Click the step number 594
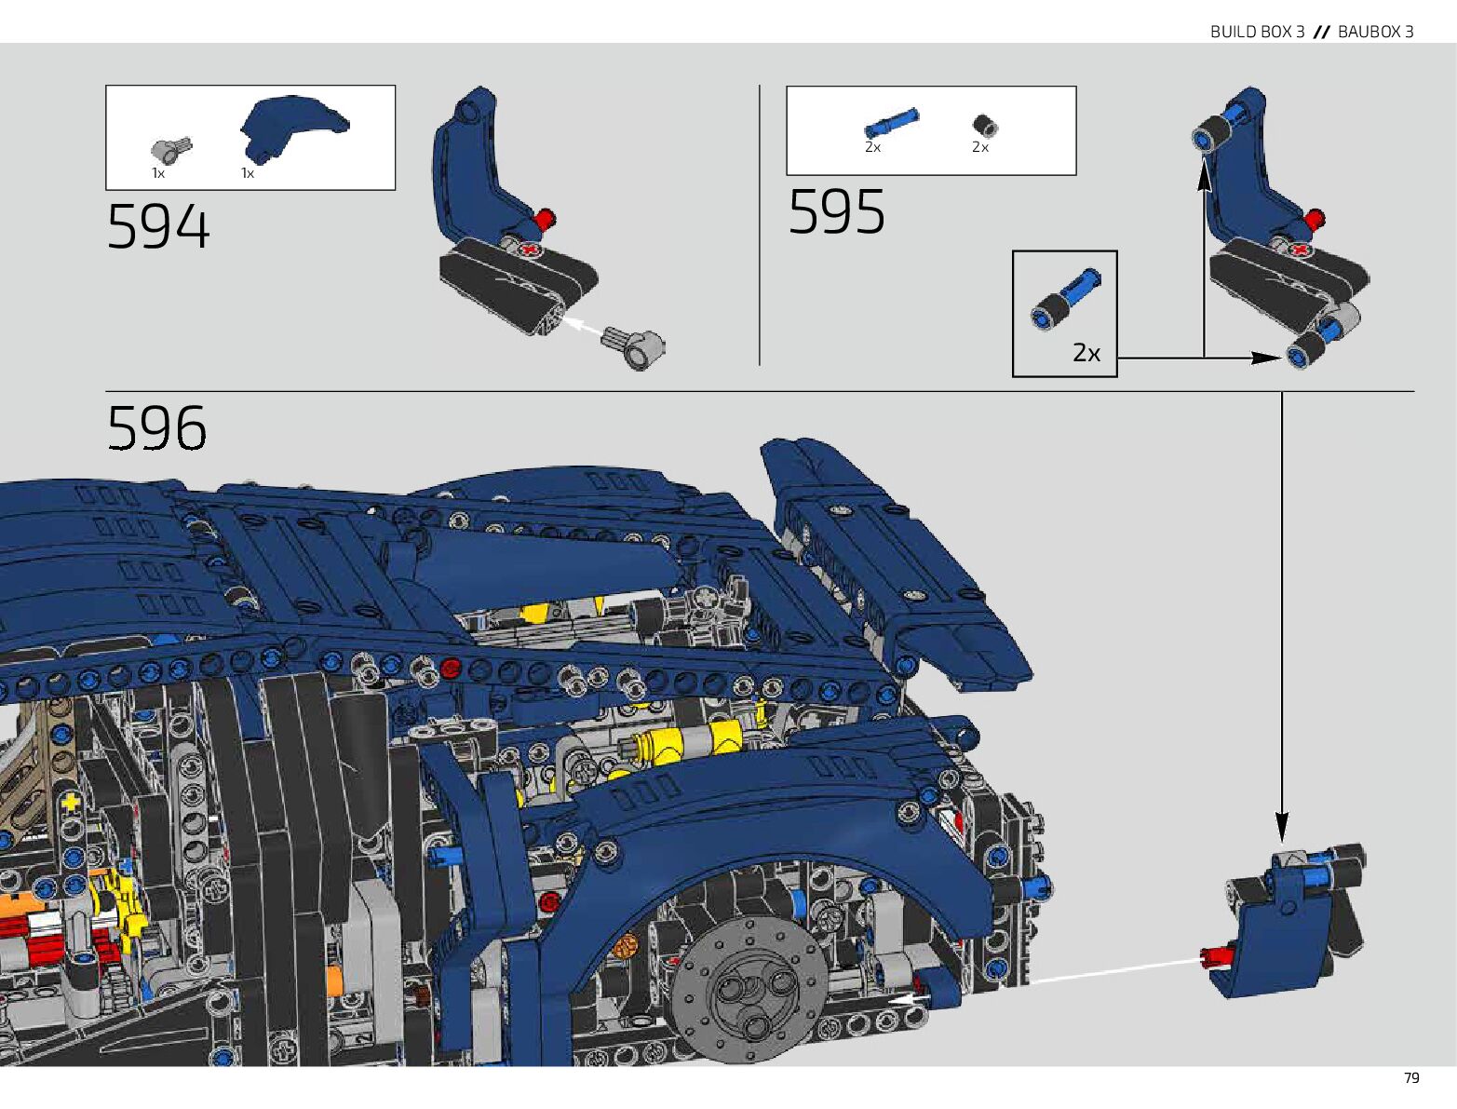point(158,227)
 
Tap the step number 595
point(836,212)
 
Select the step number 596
point(156,428)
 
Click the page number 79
point(1411,1078)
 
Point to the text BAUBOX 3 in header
point(1375,32)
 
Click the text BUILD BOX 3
point(1257,32)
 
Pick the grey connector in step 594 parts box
point(170,149)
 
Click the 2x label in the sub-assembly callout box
point(1086,354)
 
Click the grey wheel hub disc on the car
point(749,990)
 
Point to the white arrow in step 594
point(583,327)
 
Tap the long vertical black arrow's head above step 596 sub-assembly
point(1282,825)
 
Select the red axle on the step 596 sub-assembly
point(1217,955)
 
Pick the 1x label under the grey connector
point(158,173)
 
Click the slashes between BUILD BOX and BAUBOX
point(1321,32)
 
